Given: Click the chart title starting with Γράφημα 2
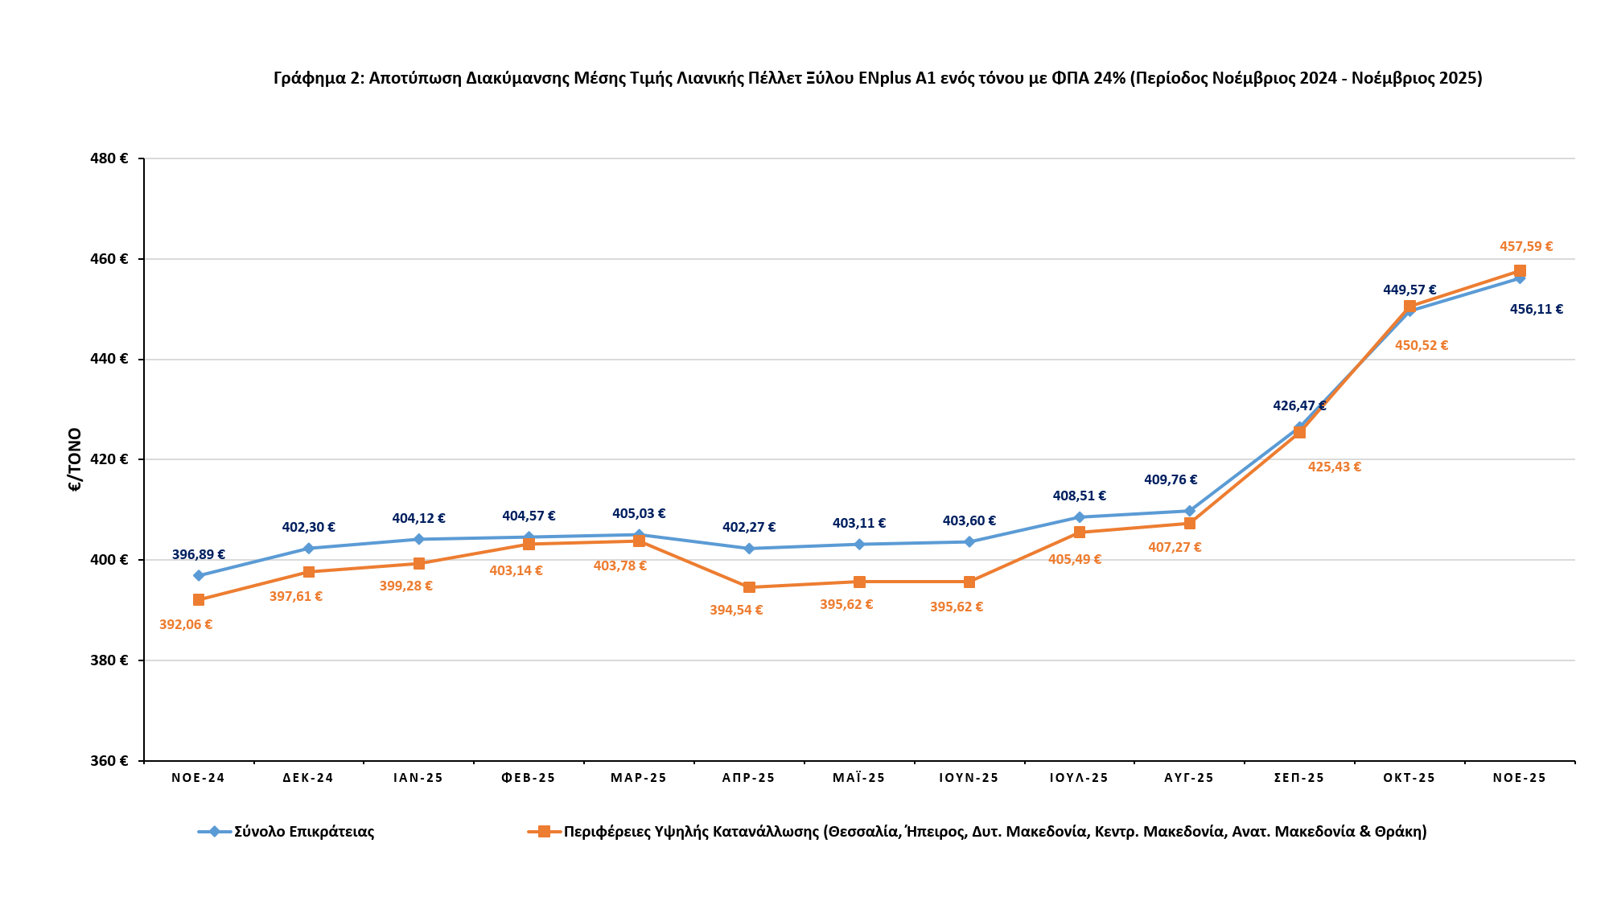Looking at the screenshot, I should pyautogui.click(x=878, y=78).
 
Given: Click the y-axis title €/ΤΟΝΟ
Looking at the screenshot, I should pyautogui.click(x=75, y=459).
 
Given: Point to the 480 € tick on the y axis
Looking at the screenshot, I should pyautogui.click(x=109, y=158).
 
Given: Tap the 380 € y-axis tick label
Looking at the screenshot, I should pyautogui.click(x=109, y=660).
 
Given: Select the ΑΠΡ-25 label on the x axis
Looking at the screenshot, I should pyautogui.click(x=748, y=778).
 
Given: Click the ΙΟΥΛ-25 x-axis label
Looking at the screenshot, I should pyautogui.click(x=1079, y=778).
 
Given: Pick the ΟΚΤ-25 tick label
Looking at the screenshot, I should pyautogui.click(x=1409, y=778).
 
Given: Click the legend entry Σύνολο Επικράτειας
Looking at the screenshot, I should pyautogui.click(x=304, y=832).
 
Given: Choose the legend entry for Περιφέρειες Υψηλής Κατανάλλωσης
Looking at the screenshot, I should pyautogui.click(x=994, y=832).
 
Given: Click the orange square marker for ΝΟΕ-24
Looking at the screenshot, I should pyautogui.click(x=199, y=600).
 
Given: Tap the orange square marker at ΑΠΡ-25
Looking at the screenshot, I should pyautogui.click(x=749, y=587).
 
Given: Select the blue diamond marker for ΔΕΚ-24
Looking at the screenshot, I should pyautogui.click(x=309, y=549).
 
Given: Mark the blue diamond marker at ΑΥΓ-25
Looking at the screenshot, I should pyautogui.click(x=1190, y=511).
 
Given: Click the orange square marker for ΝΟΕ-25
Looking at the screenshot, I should pyautogui.click(x=1520, y=271).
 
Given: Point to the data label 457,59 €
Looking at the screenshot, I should pyautogui.click(x=1526, y=247).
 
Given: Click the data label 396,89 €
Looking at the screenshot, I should pyautogui.click(x=199, y=555).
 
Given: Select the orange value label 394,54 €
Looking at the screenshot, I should pyautogui.click(x=736, y=611).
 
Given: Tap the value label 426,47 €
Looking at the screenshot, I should pyautogui.click(x=1299, y=406).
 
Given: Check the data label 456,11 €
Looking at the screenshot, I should pyautogui.click(x=1537, y=309).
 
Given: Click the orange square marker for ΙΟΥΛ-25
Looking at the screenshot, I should pyautogui.click(x=1080, y=533).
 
